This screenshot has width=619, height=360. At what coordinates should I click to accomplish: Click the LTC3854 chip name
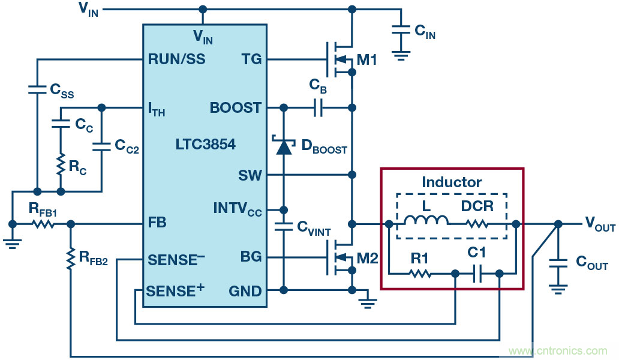(x=206, y=145)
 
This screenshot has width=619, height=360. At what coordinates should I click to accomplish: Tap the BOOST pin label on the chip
(x=236, y=108)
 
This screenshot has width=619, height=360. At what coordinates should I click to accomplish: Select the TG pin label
(x=252, y=59)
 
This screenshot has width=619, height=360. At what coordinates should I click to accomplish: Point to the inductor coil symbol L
(x=426, y=223)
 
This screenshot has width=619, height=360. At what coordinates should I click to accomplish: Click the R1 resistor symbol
(x=420, y=274)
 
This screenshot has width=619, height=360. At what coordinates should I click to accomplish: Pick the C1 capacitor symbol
(x=477, y=274)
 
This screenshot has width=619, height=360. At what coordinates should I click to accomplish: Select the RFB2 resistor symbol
(x=71, y=258)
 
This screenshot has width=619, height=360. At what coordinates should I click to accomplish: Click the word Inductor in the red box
(x=452, y=182)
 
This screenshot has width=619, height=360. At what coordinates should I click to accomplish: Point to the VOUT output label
(x=600, y=225)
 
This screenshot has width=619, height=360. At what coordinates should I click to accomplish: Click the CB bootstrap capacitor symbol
(x=318, y=108)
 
